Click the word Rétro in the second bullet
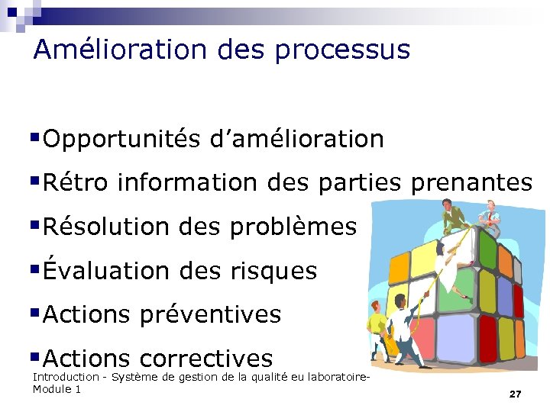[76, 183]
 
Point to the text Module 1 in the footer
[57, 390]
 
